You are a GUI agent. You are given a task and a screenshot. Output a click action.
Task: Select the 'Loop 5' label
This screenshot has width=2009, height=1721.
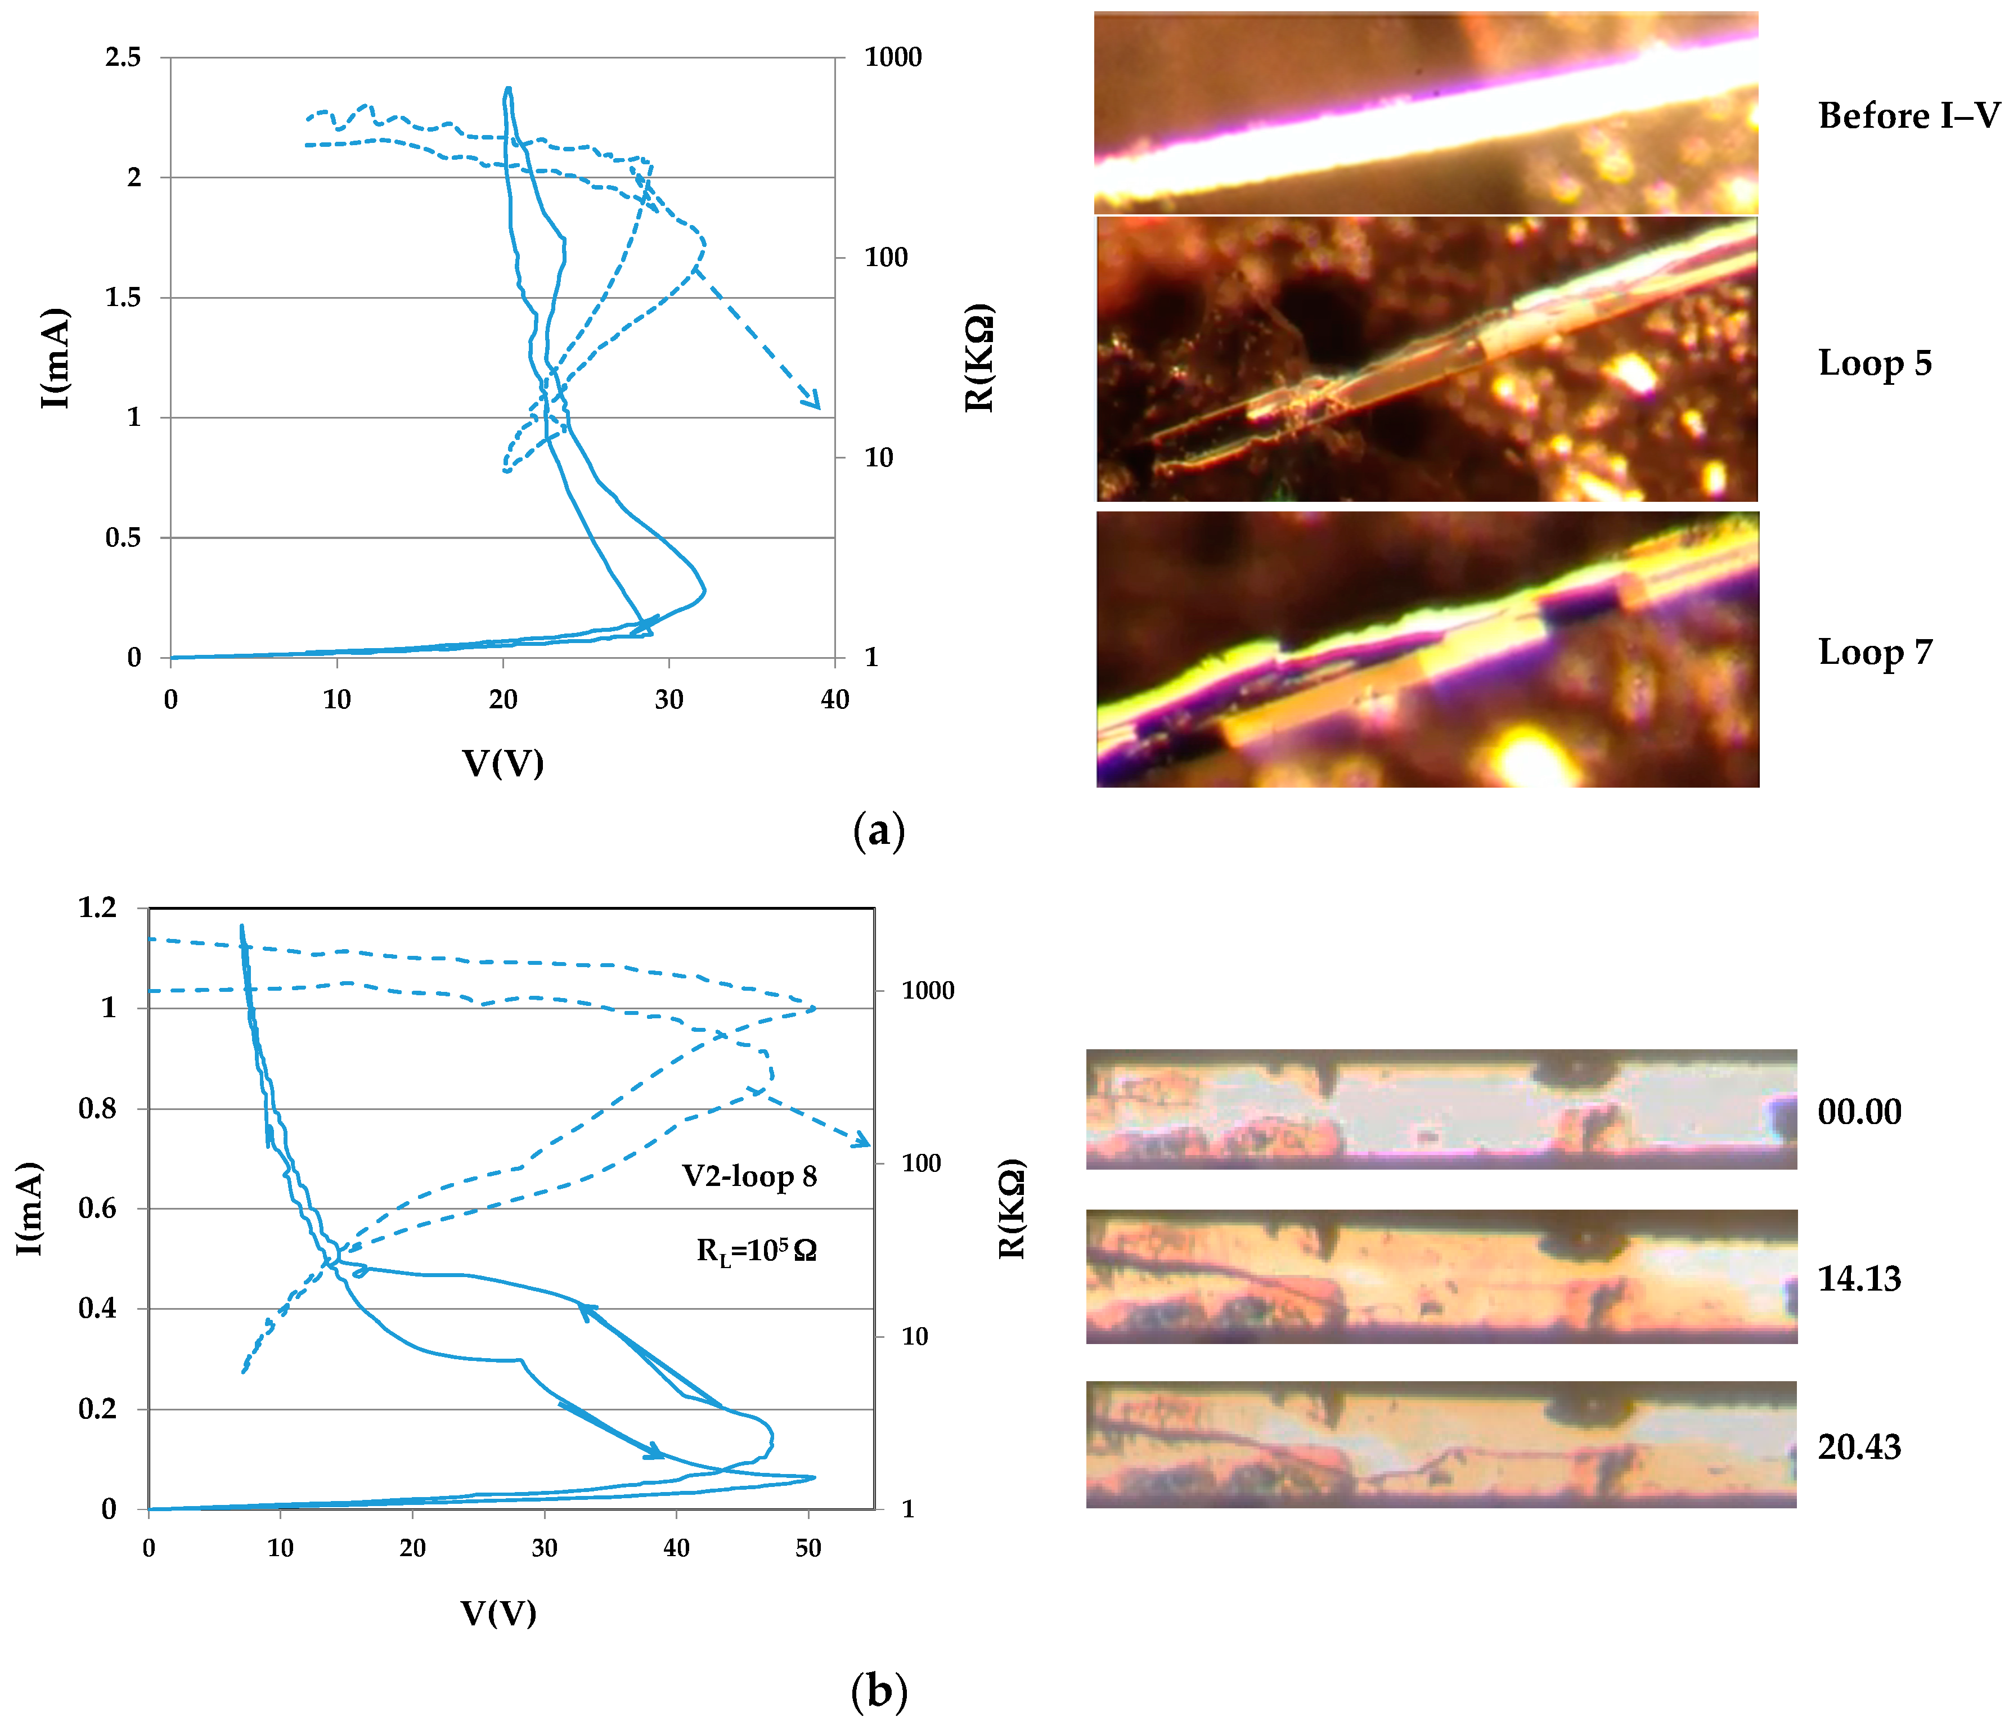1874,363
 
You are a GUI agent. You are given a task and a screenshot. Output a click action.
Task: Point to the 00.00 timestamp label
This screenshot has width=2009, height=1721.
1859,1111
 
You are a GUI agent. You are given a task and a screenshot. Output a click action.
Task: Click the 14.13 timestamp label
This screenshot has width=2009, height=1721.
1859,1279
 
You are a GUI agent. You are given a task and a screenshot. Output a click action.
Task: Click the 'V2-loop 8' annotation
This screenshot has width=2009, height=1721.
749,1176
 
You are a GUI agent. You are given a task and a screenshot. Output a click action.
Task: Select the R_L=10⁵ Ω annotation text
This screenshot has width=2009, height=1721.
756,1251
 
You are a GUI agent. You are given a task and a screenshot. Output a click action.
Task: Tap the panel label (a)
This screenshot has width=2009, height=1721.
878,831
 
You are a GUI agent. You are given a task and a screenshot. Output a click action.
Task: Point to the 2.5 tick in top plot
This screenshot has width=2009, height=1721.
123,57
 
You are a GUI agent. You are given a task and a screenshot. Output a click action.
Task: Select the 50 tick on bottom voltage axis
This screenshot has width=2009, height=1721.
808,1548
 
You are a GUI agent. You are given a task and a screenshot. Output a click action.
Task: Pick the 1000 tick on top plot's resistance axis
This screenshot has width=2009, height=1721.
892,57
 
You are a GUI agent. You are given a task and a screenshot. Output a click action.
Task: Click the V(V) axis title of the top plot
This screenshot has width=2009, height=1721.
502,763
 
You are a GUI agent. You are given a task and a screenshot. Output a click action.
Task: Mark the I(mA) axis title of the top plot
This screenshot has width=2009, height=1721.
55,358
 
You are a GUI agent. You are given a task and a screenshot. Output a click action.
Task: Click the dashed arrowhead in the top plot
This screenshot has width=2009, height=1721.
812,399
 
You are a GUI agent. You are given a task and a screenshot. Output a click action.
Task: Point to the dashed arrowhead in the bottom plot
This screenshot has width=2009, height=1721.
862,1141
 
